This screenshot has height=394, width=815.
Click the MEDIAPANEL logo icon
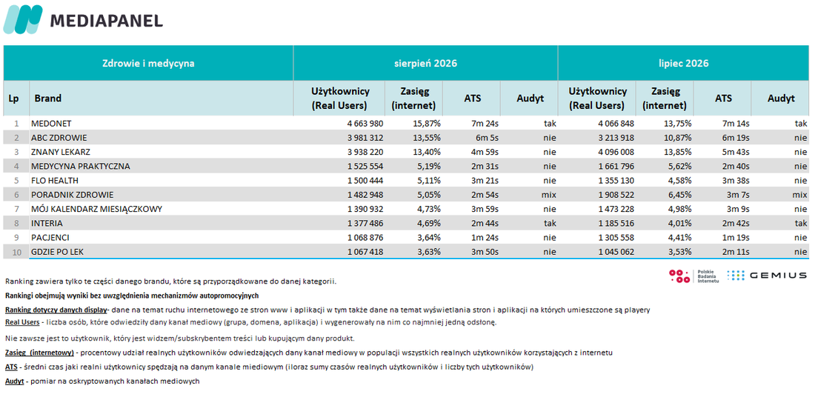click(x=22, y=20)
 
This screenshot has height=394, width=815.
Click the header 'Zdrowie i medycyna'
click(x=148, y=64)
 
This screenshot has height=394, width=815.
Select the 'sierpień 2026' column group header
click(x=425, y=64)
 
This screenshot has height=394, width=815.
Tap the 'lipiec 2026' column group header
click(x=683, y=64)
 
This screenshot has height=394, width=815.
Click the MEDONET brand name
click(x=51, y=124)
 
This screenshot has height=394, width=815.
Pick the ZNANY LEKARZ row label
click(x=60, y=153)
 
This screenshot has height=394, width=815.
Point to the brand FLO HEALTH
click(x=55, y=181)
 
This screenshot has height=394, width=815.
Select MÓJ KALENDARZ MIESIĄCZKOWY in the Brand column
click(x=96, y=209)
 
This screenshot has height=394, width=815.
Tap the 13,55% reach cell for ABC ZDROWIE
click(x=426, y=138)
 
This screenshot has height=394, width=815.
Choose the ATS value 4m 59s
click(x=485, y=153)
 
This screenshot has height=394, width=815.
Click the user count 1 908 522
click(x=615, y=195)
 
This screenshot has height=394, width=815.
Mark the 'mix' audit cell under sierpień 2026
click(x=548, y=195)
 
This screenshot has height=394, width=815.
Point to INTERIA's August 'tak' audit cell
click(x=550, y=223)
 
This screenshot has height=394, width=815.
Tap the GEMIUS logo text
click(x=777, y=276)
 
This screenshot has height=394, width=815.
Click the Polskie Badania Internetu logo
click(x=694, y=276)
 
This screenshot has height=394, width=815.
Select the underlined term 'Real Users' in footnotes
click(x=22, y=322)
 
